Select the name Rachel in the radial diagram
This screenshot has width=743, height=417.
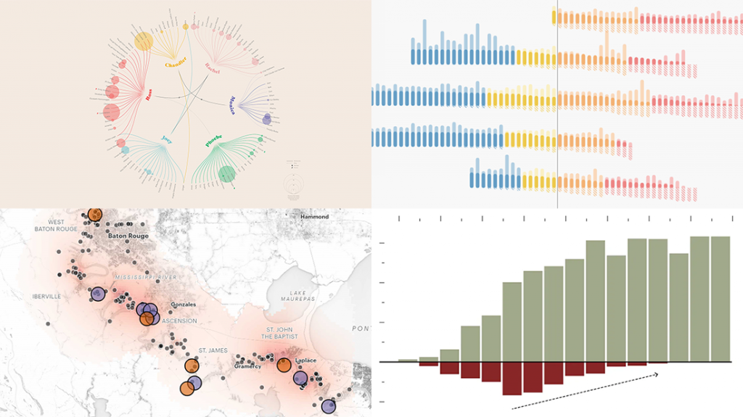pyautogui.click(x=211, y=68)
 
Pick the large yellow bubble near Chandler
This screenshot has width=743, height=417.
pyautogui.click(x=144, y=41)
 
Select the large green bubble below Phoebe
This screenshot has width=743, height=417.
pyautogui.click(x=227, y=174)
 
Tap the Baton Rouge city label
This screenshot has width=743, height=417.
pyautogui.click(x=128, y=236)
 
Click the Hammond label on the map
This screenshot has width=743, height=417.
pyautogui.click(x=315, y=217)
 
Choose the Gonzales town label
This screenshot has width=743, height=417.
pyautogui.click(x=183, y=305)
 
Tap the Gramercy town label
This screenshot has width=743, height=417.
pyautogui.click(x=248, y=367)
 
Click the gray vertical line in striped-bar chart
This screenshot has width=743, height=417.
pyautogui.click(x=557, y=109)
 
